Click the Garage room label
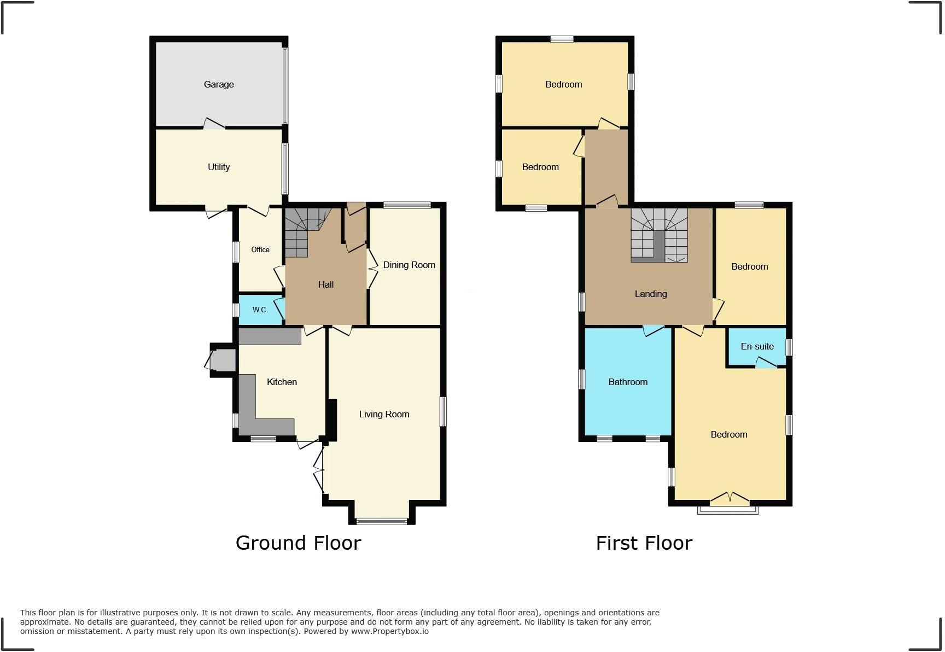219,84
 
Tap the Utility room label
219,167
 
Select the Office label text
260,249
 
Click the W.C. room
260,310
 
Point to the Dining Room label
409,265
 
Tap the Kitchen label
282,382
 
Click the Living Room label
384,414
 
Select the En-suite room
757,346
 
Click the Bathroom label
628,382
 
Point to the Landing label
651,294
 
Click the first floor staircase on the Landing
659,235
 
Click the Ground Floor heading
298,543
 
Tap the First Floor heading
644,543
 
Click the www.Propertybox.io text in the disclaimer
389,631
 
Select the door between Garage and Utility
214,125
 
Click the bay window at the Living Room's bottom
382,521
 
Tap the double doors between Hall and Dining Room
372,269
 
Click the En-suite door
766,363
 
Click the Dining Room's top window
407,205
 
